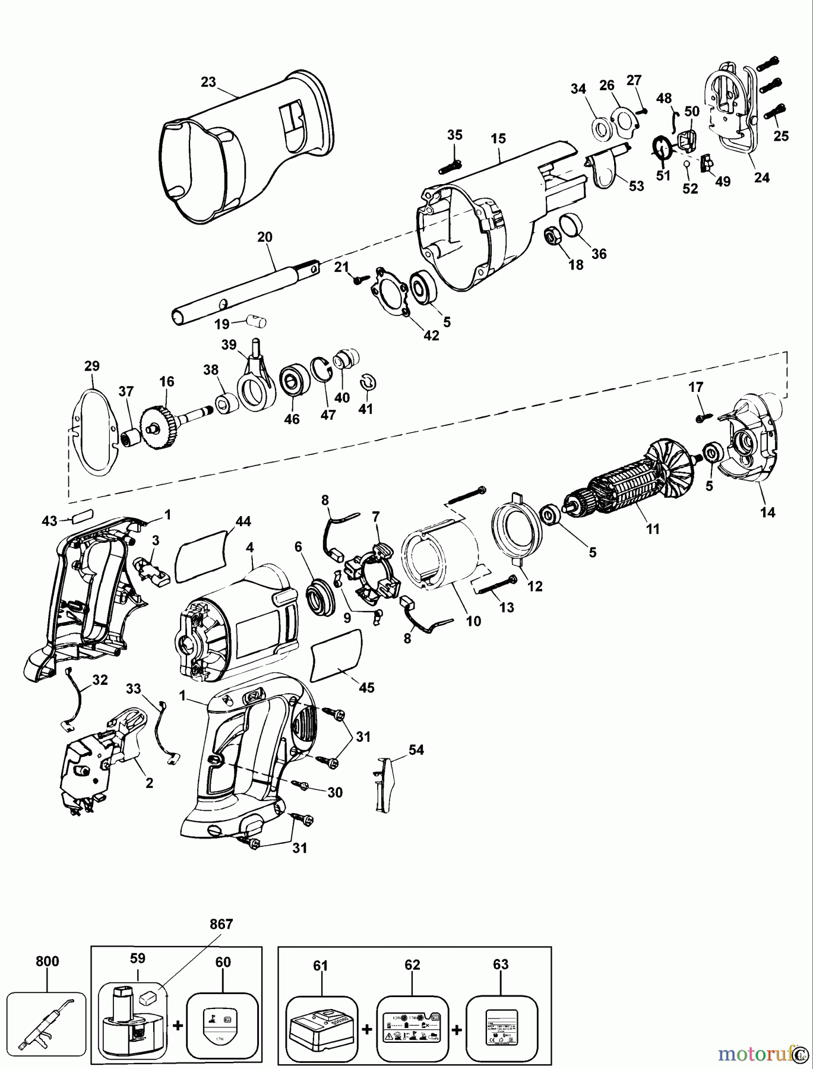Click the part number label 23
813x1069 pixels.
(208, 82)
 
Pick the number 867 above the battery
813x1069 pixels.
(221, 925)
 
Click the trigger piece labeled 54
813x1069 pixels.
(383, 783)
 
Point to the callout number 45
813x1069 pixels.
(366, 688)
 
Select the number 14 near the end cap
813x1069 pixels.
(768, 513)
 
